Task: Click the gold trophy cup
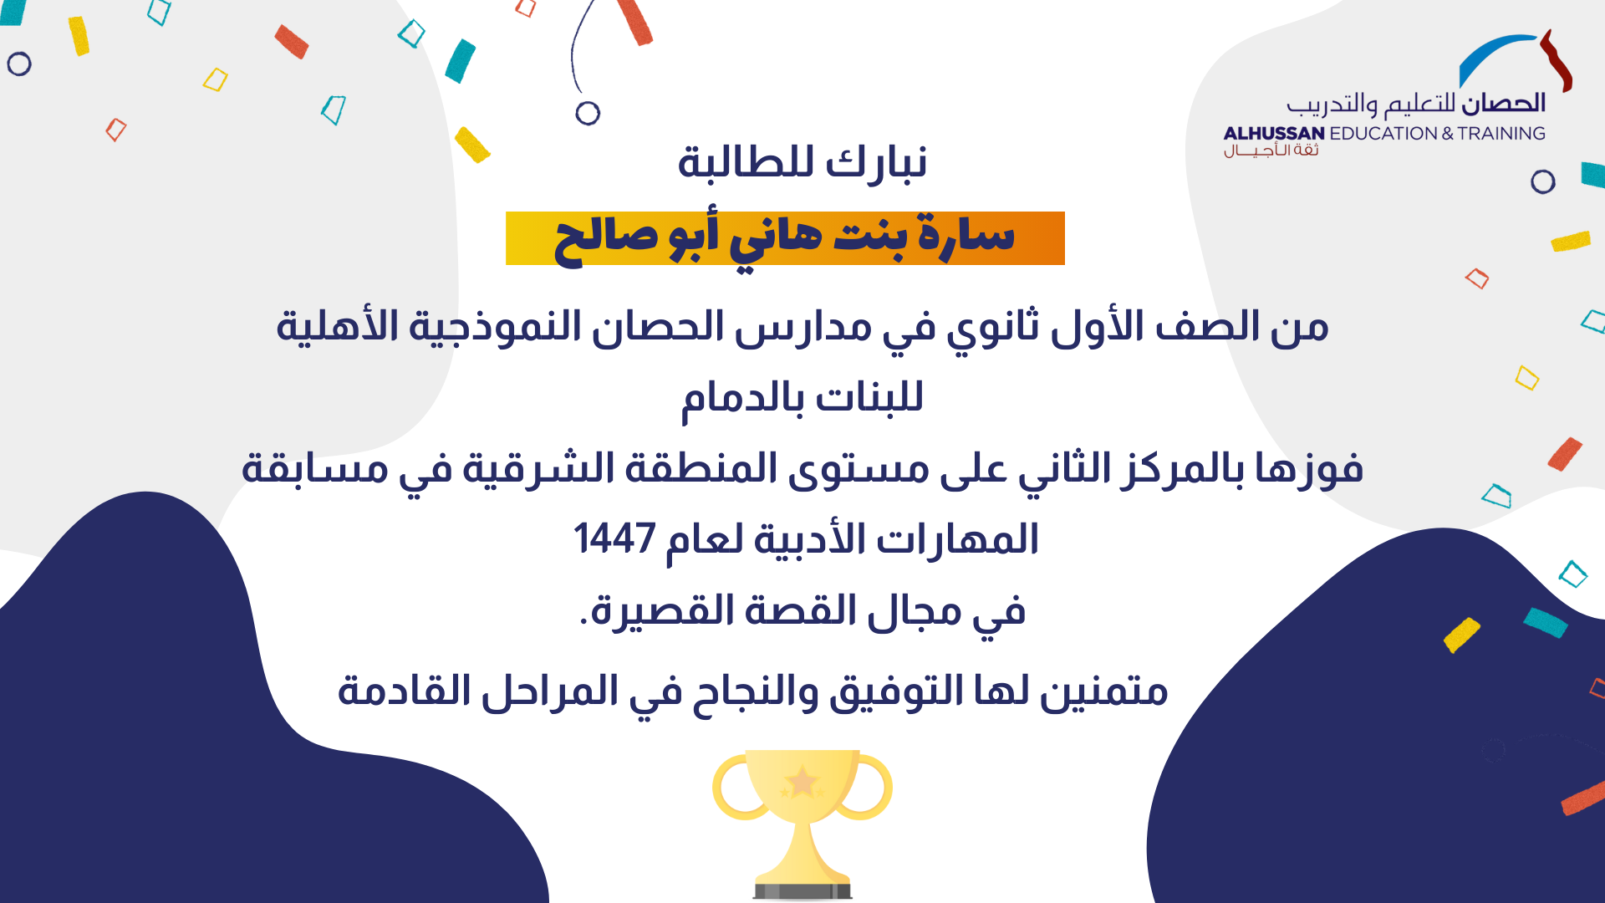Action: [x=802, y=824]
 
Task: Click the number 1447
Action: [x=614, y=539]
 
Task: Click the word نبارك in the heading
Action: [x=876, y=161]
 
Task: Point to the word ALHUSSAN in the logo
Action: [x=1273, y=134]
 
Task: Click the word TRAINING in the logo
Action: [x=1501, y=134]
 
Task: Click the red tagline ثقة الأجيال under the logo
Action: [x=1271, y=150]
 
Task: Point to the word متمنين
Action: [x=1103, y=691]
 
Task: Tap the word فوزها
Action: [x=1309, y=468]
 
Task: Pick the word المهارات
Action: [x=957, y=539]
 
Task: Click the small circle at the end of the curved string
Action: [x=588, y=113]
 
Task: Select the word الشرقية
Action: [x=527, y=468]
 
